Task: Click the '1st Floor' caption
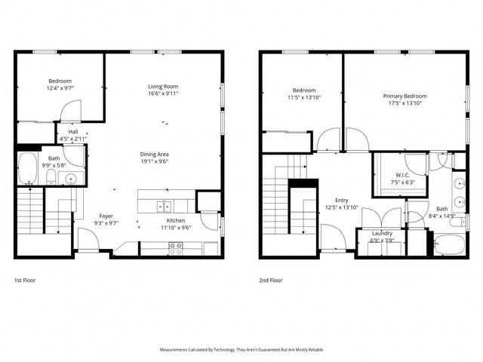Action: point(26,280)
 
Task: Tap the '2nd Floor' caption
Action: point(270,280)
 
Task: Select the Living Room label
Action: point(162,87)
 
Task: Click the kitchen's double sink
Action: point(163,206)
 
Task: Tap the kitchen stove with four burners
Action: point(175,246)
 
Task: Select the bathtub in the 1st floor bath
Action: point(27,169)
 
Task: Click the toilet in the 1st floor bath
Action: point(51,177)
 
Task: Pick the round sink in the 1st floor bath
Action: point(71,179)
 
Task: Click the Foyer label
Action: point(106,216)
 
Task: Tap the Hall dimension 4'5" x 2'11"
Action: point(73,139)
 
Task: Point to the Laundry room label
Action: point(382,234)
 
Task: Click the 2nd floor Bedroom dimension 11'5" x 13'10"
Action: point(304,97)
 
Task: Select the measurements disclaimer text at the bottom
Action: point(241,350)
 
